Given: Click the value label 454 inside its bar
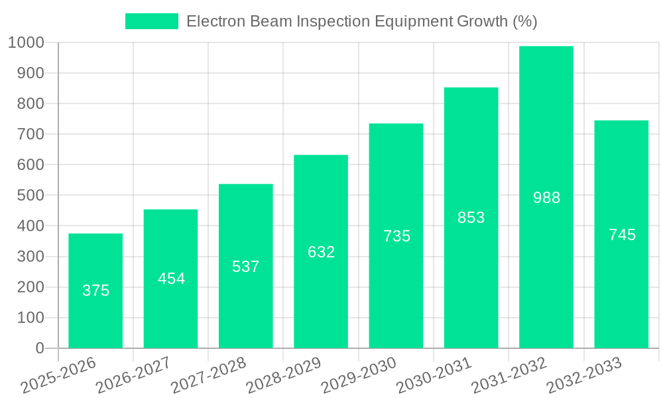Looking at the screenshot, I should coord(171,279).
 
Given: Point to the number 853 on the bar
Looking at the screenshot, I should coord(471,218).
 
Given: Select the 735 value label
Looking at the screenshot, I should coord(396,236).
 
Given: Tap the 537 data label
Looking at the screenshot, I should coord(246,267).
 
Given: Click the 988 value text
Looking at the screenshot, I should coord(546,198).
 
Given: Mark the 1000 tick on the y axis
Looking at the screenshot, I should coord(27,42).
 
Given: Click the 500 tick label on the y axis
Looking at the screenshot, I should coord(30,196).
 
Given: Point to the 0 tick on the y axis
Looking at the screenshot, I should coord(40,348).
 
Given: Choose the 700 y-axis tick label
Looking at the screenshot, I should coord(30,134).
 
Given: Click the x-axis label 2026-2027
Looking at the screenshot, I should coord(133,375).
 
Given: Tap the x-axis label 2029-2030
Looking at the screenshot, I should coord(359,375).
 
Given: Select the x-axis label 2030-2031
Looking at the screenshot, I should coord(434,375).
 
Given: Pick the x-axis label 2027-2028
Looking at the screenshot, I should coord(208,375).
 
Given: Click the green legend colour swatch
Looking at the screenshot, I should coord(152,21).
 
